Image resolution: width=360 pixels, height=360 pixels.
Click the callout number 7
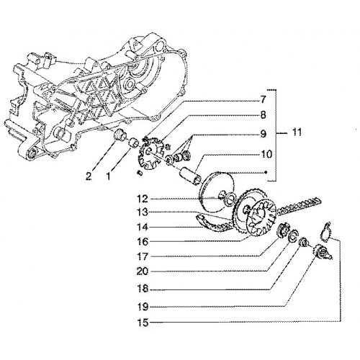pos(263,99)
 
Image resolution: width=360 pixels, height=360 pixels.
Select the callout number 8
pos(263,115)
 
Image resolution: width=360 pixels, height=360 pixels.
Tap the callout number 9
pos(264,134)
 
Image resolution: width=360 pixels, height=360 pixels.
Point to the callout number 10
pos(266,154)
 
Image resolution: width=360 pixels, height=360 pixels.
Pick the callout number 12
pos(143,199)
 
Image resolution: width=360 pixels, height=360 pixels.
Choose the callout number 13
pos(143,212)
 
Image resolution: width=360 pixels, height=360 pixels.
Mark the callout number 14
pos(143,228)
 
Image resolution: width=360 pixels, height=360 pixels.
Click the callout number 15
pos(143,323)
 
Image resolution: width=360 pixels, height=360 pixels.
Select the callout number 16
pos(143,242)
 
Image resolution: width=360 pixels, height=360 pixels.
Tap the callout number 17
pos(143,257)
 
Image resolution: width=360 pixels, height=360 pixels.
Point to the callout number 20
pos(143,271)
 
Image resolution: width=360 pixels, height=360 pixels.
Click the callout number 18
pos(143,289)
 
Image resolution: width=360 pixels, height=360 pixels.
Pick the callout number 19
pos(143,307)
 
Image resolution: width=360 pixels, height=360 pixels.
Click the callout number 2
pos(89,177)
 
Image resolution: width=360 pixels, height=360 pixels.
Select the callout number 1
pos(109,177)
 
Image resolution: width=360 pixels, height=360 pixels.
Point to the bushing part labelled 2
pos(120,135)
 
